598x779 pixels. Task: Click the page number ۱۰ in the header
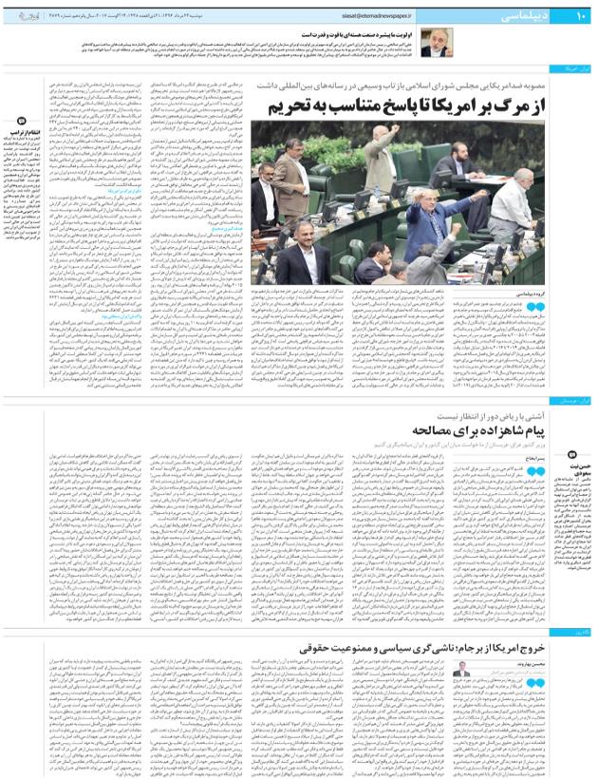pos(581,17)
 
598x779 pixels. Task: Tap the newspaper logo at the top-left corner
pos(25,17)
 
